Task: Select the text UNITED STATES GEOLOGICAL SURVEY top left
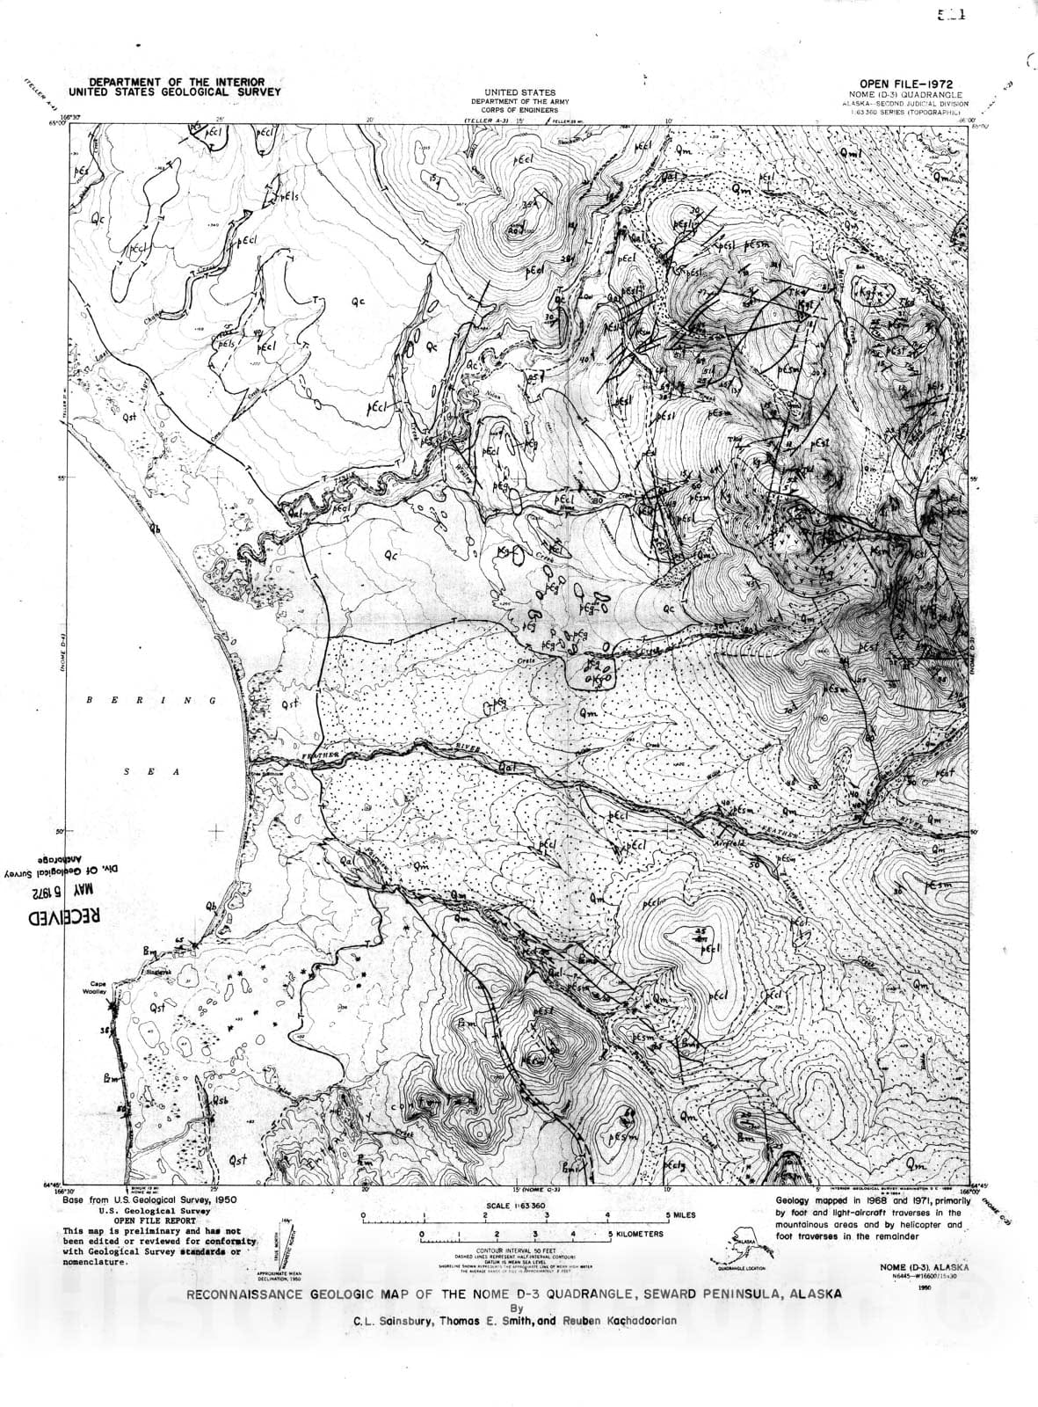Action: click(x=167, y=91)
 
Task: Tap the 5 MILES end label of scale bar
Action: click(x=682, y=1214)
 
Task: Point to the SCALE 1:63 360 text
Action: click(x=515, y=1205)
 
